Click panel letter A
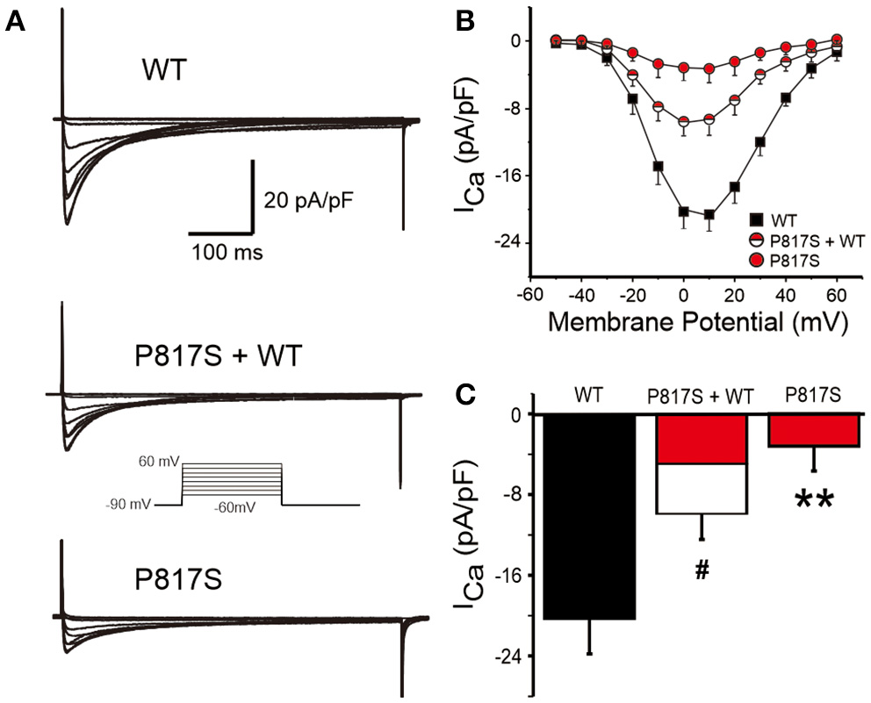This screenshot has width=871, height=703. pyautogui.click(x=15, y=23)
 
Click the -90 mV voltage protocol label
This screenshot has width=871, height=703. pyautogui.click(x=127, y=506)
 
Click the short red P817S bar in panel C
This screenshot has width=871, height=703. pyautogui.click(x=812, y=430)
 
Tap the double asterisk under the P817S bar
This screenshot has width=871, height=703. pyautogui.click(x=813, y=500)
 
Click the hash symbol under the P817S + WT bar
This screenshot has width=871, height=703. pyautogui.click(x=701, y=570)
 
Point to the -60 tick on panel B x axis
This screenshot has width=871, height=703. pyautogui.click(x=527, y=293)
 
